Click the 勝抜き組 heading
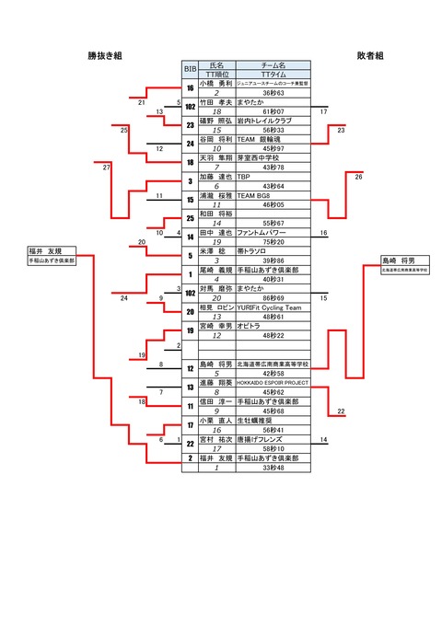click(x=105, y=56)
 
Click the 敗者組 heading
click(x=370, y=56)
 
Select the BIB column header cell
click(x=190, y=69)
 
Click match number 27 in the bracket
click(x=107, y=167)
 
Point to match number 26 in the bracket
click(x=358, y=177)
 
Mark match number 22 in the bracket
click(x=341, y=411)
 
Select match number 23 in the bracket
click(x=341, y=131)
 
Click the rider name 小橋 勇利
click(x=215, y=84)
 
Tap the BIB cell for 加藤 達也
click(x=190, y=180)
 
